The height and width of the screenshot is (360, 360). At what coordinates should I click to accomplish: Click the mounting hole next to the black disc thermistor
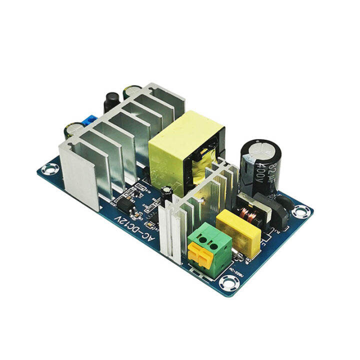(x=301, y=212)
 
